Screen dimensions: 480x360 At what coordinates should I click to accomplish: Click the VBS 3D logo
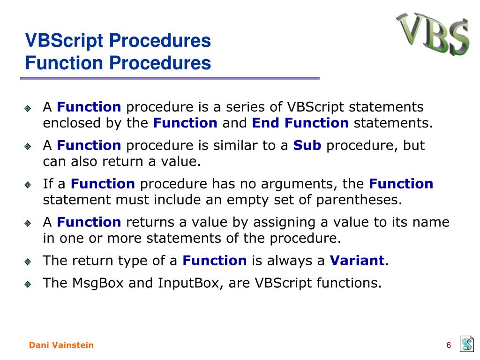(x=433, y=34)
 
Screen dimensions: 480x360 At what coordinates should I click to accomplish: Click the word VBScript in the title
(x=64, y=41)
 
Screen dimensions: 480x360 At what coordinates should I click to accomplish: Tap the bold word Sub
(x=307, y=145)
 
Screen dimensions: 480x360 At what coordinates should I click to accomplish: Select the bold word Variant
(x=357, y=261)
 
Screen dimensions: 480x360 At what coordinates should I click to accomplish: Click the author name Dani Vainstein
(x=61, y=345)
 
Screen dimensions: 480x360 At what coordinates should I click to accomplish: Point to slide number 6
(x=449, y=345)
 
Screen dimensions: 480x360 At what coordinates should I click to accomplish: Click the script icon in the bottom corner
(x=467, y=344)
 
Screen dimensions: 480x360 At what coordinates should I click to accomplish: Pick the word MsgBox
(x=97, y=283)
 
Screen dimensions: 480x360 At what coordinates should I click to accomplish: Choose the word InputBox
(x=191, y=283)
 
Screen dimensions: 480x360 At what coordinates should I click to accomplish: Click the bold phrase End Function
(x=300, y=123)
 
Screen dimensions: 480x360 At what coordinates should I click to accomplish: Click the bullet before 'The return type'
(x=28, y=262)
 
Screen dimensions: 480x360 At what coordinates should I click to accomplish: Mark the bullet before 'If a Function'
(x=28, y=185)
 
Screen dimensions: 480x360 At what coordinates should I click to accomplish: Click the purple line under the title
(x=170, y=78)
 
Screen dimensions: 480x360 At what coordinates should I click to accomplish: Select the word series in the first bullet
(x=245, y=107)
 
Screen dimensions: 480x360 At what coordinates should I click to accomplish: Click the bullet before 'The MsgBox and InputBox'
(x=28, y=284)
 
